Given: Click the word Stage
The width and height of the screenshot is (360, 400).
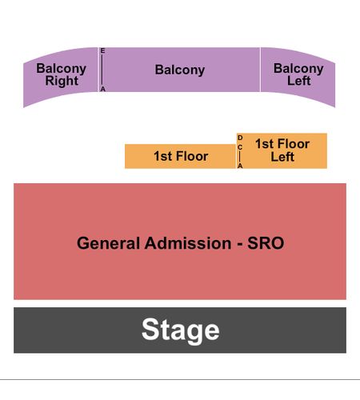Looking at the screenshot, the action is pyautogui.click(x=181, y=330).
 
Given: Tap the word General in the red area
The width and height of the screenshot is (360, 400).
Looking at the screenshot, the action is pyautogui.click(x=108, y=243).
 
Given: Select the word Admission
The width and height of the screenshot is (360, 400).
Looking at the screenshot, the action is pyautogui.click(x=188, y=243).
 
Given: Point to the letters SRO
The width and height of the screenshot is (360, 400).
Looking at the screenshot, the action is pyautogui.click(x=266, y=243).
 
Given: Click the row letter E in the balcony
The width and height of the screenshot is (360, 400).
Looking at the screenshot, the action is pyautogui.click(x=102, y=50).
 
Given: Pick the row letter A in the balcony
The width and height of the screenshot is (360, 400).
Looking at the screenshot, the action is pyautogui.click(x=103, y=89).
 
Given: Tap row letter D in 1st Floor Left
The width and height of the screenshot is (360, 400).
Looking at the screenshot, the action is pyautogui.click(x=240, y=138).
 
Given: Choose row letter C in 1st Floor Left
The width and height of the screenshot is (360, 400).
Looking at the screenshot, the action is pyautogui.click(x=240, y=147).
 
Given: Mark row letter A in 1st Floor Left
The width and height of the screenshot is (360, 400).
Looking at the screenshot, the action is pyautogui.click(x=240, y=166).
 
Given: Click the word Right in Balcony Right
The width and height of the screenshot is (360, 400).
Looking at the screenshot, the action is pyautogui.click(x=62, y=81).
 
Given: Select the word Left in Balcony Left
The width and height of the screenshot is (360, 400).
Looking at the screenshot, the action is pyautogui.click(x=298, y=81).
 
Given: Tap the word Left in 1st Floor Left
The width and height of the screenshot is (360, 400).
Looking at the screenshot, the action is pyautogui.click(x=282, y=157).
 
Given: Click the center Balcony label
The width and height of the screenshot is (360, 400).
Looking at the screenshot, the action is pyautogui.click(x=180, y=70).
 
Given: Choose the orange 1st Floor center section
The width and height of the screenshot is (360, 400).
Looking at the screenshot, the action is pyautogui.click(x=180, y=156).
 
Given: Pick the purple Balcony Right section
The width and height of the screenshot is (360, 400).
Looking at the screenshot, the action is pyautogui.click(x=61, y=78).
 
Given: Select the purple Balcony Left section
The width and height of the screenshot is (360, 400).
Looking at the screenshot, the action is pyautogui.click(x=298, y=78).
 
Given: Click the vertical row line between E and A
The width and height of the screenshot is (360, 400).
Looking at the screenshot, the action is pyautogui.click(x=102, y=70).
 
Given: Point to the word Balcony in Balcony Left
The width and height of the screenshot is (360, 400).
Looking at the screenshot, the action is pyautogui.click(x=298, y=69).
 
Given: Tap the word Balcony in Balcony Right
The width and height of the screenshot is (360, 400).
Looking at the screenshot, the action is pyautogui.click(x=62, y=69).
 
